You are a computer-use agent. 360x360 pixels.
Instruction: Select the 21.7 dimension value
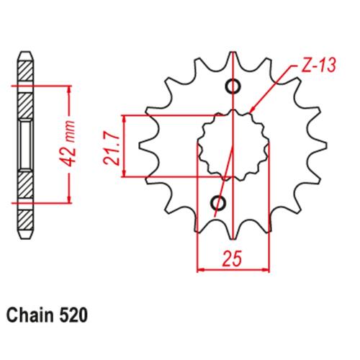point(111,148)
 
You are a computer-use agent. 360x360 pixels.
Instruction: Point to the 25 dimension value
point(232,259)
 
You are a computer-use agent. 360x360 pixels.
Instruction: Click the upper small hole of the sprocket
point(233,86)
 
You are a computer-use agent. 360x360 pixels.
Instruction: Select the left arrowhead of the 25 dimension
point(201,270)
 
